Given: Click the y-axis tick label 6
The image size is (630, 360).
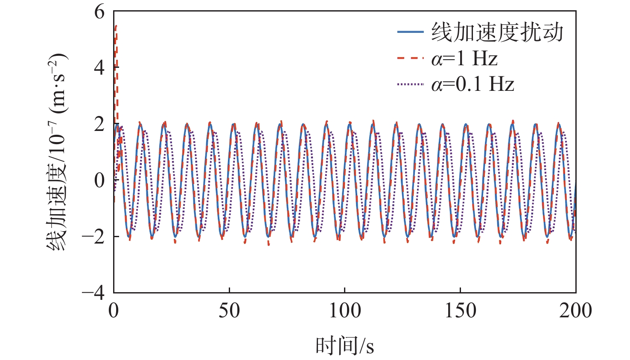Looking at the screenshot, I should tap(99, 12).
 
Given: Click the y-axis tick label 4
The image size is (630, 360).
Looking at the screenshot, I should tap(99, 67).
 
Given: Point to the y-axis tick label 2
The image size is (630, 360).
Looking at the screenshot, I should tap(99, 124).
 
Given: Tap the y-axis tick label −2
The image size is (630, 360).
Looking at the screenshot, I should tap(93, 236).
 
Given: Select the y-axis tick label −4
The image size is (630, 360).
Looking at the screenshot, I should tap(93, 293).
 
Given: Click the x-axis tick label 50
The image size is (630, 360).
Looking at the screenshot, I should tap(229, 311).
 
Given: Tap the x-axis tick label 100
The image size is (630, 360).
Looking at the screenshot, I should tap(344, 311).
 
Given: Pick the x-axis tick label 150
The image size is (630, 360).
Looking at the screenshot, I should tap(460, 311).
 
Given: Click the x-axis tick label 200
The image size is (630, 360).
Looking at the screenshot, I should tap(575, 311).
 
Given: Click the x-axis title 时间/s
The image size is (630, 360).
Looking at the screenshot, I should tap(344, 345).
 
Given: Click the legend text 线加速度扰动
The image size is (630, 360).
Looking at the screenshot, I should tap(497, 32).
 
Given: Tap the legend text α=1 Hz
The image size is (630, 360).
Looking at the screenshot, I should tap(464, 58).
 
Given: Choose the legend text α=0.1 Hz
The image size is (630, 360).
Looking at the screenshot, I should tap(472, 84).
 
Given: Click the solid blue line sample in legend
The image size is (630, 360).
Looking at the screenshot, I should tap(410, 32).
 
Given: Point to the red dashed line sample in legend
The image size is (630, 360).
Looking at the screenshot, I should tap(410, 58).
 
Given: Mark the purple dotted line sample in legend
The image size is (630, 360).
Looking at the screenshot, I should tap(410, 84).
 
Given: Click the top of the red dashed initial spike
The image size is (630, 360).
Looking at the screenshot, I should tap(116, 26).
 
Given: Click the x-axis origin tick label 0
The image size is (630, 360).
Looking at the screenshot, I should tap(114, 311).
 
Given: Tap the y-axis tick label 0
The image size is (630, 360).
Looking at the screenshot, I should tap(99, 180).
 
